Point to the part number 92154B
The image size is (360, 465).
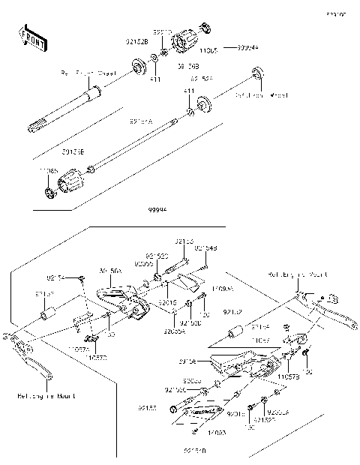pyautogui.click(x=205, y=247)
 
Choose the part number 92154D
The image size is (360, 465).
pyautogui.click(x=193, y=451)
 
